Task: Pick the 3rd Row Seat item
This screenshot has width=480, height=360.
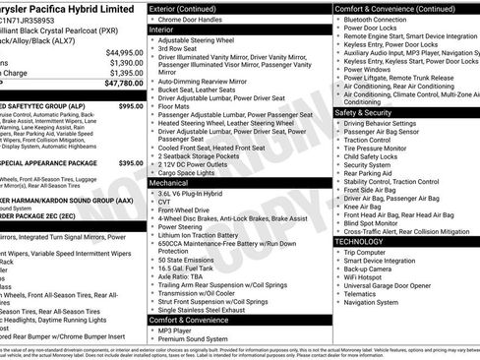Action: pyautogui.click(x=179, y=48)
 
